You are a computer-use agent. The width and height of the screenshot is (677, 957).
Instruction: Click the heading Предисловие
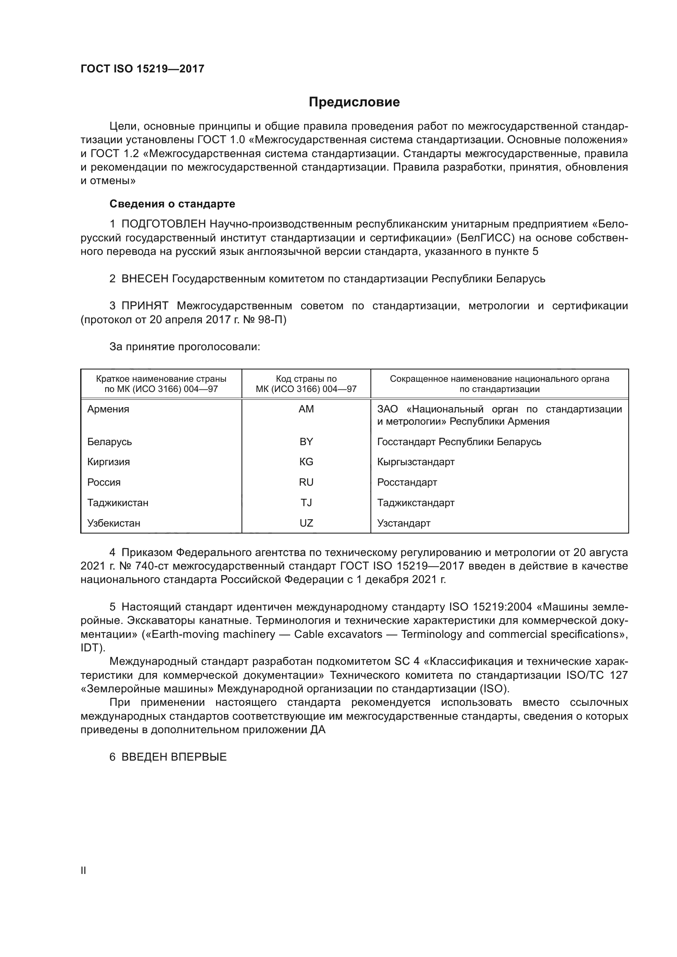tap(354, 102)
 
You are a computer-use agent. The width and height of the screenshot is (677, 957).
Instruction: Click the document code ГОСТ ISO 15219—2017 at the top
tap(142, 69)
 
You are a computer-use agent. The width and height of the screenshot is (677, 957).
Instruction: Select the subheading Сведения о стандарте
tap(172, 204)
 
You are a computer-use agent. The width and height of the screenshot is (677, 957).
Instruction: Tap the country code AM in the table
tap(306, 409)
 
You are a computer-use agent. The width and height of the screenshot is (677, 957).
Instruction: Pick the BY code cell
tap(306, 441)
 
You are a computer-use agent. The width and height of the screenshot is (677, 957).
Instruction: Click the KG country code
tap(306, 462)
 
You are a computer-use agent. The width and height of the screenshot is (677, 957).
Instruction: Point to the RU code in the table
tap(306, 482)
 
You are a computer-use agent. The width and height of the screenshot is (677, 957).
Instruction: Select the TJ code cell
tap(306, 503)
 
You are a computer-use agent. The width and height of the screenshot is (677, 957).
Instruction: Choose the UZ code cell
tap(306, 523)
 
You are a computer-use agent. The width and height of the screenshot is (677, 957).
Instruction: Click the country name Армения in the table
tap(108, 409)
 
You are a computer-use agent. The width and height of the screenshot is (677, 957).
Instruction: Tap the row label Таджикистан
tap(117, 503)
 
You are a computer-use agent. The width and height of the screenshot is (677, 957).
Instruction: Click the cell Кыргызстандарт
tap(415, 462)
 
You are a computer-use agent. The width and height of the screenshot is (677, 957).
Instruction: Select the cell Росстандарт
tap(407, 482)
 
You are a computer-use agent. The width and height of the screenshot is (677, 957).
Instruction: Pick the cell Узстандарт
tap(404, 523)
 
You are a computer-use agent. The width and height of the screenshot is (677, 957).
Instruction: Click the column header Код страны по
tap(306, 379)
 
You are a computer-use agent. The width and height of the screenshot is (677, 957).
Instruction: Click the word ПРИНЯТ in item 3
tap(144, 306)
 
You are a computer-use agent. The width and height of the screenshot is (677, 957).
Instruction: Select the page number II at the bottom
tap(83, 870)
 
